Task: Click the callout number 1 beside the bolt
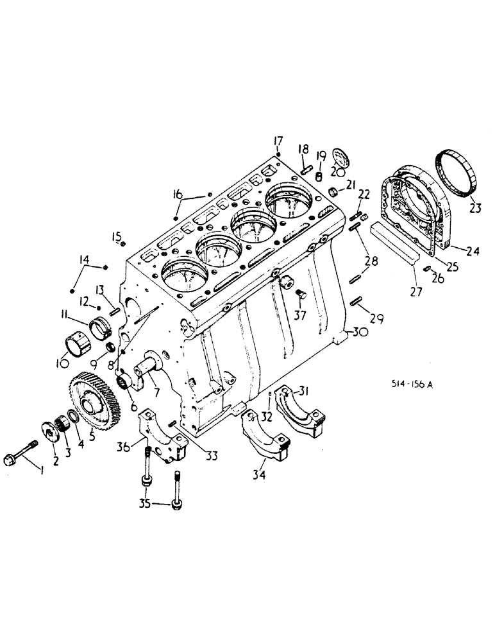42,472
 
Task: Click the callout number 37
299,315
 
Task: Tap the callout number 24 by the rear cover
473,252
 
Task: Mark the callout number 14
84,260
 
